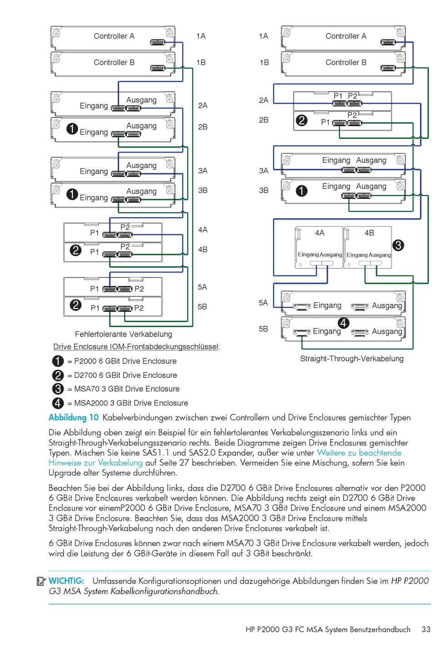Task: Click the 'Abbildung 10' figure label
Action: (74, 417)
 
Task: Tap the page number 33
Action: (426, 630)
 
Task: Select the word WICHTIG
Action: (66, 581)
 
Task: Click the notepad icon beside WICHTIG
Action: (41, 581)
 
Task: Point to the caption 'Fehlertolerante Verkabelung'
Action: (123, 334)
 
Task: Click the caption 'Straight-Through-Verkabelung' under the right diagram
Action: (352, 358)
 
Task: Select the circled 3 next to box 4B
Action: (398, 245)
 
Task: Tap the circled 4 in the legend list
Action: (58, 403)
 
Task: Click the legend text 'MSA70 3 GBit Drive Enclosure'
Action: (127, 389)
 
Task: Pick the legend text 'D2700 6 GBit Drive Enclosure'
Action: (126, 375)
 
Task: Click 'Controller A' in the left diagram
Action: (114, 36)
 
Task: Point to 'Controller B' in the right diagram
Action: (346, 62)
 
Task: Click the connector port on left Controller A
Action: (158, 42)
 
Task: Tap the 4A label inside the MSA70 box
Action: (320, 233)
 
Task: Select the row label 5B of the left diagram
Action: (202, 307)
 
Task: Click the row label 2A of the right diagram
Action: (264, 100)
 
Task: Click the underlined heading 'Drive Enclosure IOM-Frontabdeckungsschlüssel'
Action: (136, 347)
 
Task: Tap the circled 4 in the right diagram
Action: (343, 323)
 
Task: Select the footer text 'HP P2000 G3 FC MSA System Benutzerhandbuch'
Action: (328, 630)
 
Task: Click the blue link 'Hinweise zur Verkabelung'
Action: (95, 463)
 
